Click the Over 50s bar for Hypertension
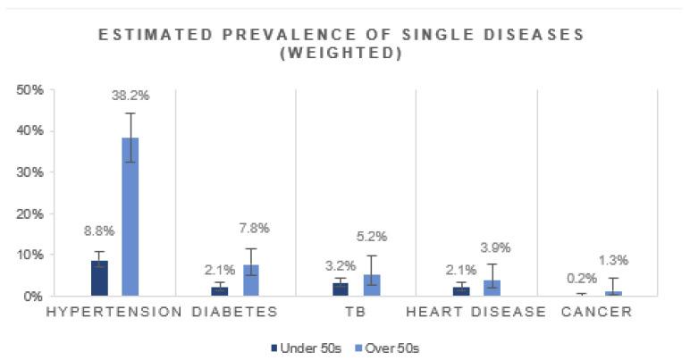[130, 216]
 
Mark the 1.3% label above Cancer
[613, 260]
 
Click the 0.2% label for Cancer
[582, 278]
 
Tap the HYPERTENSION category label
[113, 312]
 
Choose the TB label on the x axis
[356, 312]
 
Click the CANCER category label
[596, 312]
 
